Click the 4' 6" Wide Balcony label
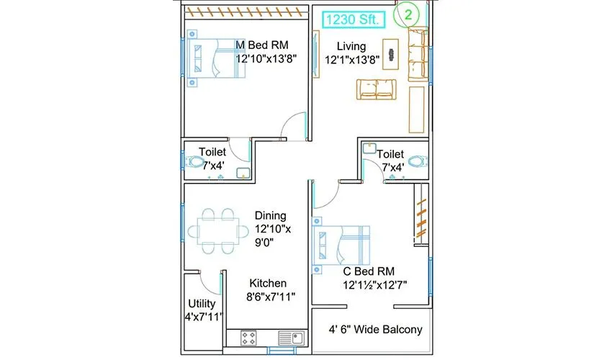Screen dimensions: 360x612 [x=374, y=330]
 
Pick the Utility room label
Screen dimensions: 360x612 [x=202, y=303]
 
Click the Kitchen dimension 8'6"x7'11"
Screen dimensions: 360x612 [x=268, y=297]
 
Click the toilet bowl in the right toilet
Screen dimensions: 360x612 [x=415, y=158]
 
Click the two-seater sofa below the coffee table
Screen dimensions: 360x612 [x=377, y=89]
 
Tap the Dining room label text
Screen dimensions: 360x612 [x=271, y=215]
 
